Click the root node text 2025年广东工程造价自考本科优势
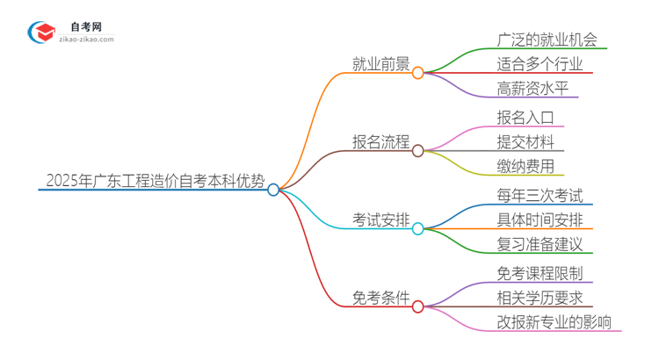point(153,181)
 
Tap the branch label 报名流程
point(380,141)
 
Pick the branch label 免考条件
point(380,298)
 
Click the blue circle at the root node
point(273,189)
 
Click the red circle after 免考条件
point(418,306)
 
